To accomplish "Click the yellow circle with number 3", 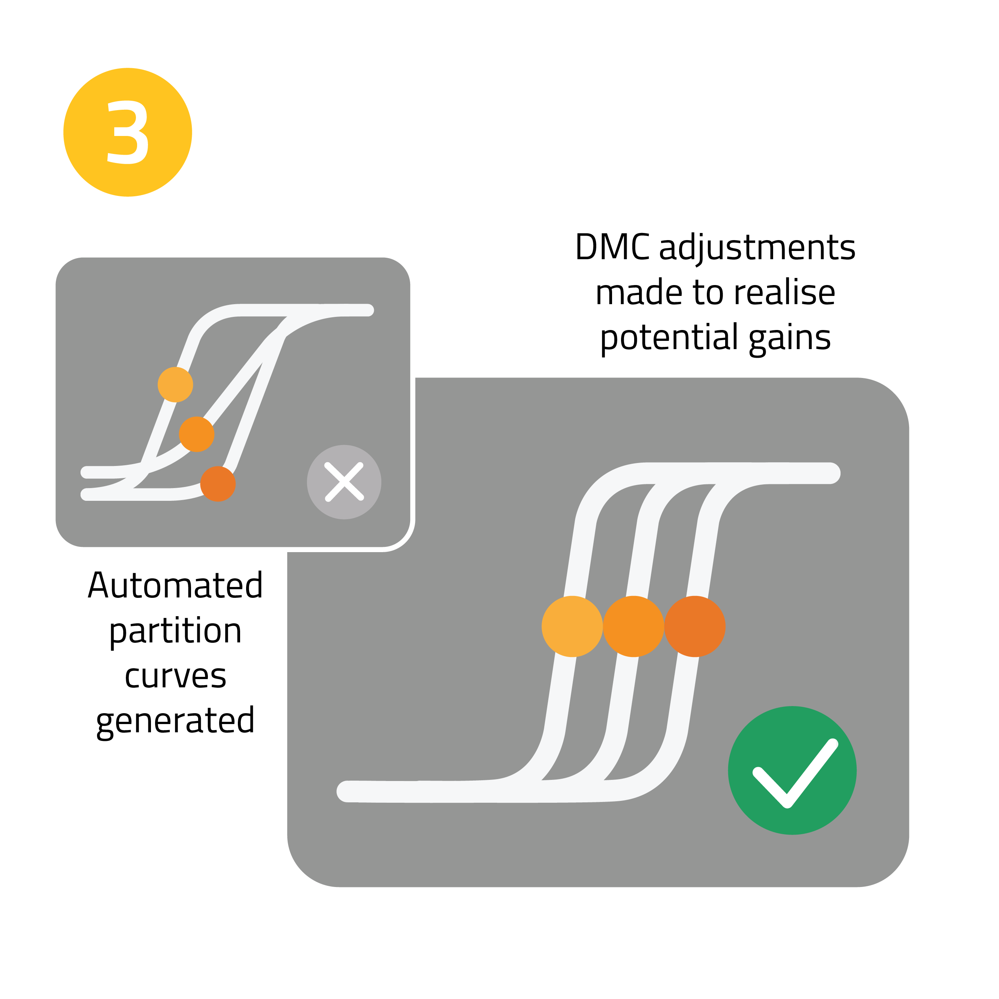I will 127,132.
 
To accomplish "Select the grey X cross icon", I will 344,482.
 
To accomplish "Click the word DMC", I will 612,247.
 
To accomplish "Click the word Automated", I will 175,585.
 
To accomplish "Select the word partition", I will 175,632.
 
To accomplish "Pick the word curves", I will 175,676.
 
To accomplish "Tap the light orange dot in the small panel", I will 175,384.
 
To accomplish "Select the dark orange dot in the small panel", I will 218,484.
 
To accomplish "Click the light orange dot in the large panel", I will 572,626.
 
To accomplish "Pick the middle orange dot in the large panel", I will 633,626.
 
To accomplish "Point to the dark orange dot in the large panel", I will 694,626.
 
